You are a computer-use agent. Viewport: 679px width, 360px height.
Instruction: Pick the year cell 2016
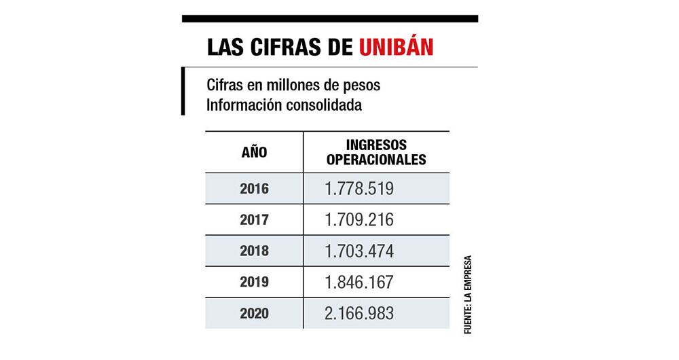coord(254,189)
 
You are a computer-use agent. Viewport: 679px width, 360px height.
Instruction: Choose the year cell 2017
coord(254,220)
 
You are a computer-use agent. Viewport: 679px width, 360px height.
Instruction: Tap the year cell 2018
coord(254,251)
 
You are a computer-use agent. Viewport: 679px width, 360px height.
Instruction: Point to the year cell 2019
coord(254,283)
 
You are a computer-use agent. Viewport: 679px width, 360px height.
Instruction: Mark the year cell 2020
coord(254,314)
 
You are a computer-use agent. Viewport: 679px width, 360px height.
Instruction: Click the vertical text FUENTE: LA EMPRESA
coord(467,293)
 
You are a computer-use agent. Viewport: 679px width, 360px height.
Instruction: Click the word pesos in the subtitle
coord(362,88)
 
